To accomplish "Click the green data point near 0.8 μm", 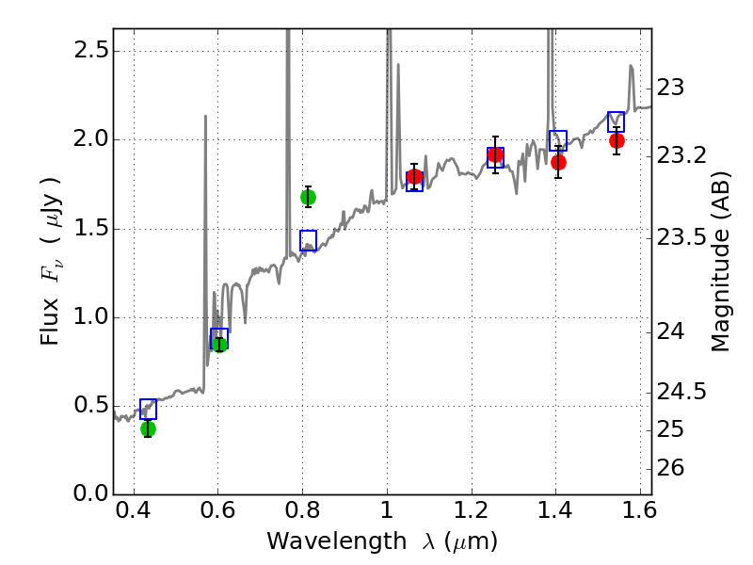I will pos(308,197).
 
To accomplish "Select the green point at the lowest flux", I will pos(148,428).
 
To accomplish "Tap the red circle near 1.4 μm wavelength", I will pos(558,162).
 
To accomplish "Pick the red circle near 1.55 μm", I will pos(617,140).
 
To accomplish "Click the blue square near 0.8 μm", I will pos(308,240).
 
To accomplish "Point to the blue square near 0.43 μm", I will pos(148,409).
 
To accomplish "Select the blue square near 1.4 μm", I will pos(558,140).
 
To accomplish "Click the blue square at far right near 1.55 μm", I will pos(617,121).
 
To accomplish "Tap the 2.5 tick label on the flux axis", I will pos(92,50).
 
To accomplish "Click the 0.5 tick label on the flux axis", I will pos(92,405).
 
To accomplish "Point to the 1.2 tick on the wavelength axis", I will pos(471,514).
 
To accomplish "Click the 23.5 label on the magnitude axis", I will pos(681,237).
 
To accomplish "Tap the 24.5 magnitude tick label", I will pos(681,391).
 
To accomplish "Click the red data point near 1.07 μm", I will pos(414,177).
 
